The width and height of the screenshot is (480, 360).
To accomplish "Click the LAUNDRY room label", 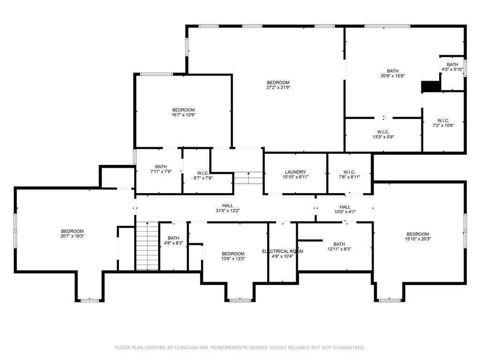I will tap(295, 172).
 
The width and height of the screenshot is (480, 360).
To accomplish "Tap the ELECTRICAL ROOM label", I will tap(282, 251).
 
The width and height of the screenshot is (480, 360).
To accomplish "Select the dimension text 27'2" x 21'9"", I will tap(278, 87).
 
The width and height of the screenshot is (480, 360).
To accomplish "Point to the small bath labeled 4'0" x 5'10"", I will tap(452, 67).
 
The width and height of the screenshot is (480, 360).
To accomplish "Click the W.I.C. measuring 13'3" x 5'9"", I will tap(383, 135).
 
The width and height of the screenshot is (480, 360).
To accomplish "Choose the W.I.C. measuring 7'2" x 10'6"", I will tap(443, 122).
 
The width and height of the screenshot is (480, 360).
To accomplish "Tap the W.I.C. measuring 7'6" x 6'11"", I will tap(349, 174).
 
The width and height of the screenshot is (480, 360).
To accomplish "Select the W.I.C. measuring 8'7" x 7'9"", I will tap(196, 176).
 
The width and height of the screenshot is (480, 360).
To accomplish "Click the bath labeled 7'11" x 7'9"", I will tap(161, 169).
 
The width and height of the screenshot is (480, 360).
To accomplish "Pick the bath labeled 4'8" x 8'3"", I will tap(173, 240).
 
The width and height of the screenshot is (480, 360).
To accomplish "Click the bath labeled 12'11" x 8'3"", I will tap(339, 247).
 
